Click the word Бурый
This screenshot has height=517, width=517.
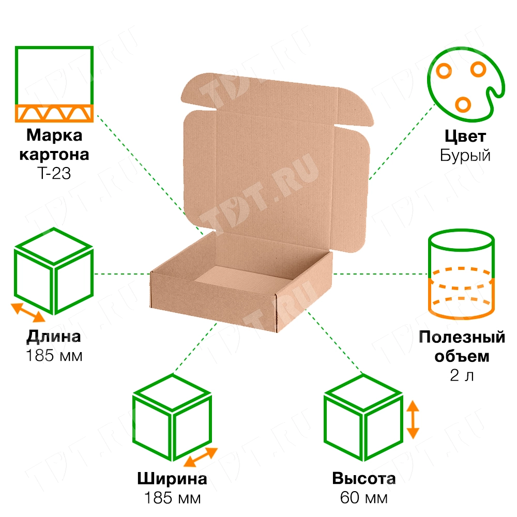[465, 156]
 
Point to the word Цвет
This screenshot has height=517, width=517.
[465, 137]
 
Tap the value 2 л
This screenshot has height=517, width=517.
[462, 376]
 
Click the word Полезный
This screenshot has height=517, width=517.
[462, 338]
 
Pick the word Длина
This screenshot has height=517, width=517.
[54, 337]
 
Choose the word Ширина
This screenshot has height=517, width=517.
[172, 479]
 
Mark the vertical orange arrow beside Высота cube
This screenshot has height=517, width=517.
[412, 419]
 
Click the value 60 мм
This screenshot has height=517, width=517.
[363, 498]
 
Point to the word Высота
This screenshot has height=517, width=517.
[363, 479]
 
